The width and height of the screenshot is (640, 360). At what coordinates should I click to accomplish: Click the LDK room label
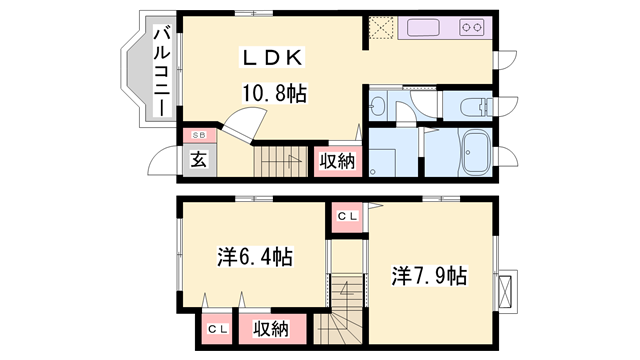(273, 58)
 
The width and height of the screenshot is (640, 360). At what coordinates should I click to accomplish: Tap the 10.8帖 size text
(274, 93)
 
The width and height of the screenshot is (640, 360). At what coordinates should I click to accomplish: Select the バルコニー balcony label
(162, 71)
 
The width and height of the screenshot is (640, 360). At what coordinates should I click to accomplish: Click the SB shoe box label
(199, 135)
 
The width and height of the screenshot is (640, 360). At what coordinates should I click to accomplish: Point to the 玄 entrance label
(199, 160)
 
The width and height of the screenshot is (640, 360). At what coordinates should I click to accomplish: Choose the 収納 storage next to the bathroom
(338, 162)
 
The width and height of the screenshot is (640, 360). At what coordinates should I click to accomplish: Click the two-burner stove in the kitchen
(472, 28)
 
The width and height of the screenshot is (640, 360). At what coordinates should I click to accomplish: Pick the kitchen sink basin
(424, 28)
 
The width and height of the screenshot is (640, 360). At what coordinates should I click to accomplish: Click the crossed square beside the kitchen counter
(382, 28)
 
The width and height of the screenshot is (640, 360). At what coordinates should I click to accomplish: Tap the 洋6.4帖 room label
(255, 257)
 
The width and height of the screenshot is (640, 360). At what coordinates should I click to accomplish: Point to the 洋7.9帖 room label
(429, 276)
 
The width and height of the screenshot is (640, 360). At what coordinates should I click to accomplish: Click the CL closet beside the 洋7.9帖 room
(347, 217)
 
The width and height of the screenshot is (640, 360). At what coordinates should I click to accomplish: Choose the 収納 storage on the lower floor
(271, 329)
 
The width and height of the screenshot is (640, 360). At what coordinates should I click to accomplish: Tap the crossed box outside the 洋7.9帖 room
(507, 291)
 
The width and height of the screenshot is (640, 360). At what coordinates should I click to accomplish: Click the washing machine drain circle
(372, 172)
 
